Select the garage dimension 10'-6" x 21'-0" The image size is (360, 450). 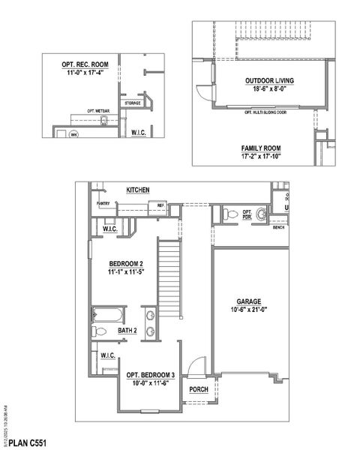coord(247,309)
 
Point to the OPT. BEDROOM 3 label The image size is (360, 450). coord(150,375)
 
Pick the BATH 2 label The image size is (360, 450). coord(126,330)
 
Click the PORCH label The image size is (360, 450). coord(198,389)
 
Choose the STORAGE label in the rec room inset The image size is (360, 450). coord(133,103)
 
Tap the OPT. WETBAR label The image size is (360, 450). coord(100,110)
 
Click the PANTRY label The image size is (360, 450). coord(103,203)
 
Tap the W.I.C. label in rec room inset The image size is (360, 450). coord(138,132)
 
